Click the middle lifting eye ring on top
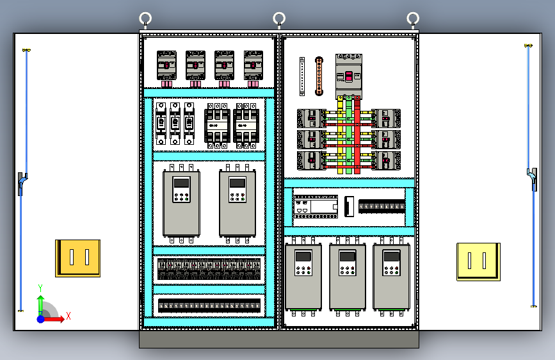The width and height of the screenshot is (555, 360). pyautogui.click(x=279, y=18)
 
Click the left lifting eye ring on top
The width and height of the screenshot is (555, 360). pyautogui.click(x=145, y=18)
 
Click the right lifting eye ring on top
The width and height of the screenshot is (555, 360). pyautogui.click(x=414, y=18)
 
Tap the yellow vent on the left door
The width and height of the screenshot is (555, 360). pyautogui.click(x=77, y=258)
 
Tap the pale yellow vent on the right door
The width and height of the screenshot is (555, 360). pyautogui.click(x=478, y=261)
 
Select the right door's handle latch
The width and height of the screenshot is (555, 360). pyautogui.click(x=533, y=179)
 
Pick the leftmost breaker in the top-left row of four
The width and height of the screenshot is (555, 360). pyautogui.click(x=166, y=66)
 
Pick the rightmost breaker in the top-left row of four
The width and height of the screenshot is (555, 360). pyautogui.click(x=253, y=66)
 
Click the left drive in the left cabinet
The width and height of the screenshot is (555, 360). pyautogui.click(x=181, y=203)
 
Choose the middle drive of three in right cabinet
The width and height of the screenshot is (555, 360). pyautogui.click(x=347, y=277)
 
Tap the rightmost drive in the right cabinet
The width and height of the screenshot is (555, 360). pyautogui.click(x=390, y=277)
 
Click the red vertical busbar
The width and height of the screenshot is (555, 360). pyautogui.click(x=357, y=135)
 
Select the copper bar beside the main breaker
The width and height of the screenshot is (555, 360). pyautogui.click(x=318, y=77)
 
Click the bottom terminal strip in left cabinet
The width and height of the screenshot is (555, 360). pyautogui.click(x=209, y=306)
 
